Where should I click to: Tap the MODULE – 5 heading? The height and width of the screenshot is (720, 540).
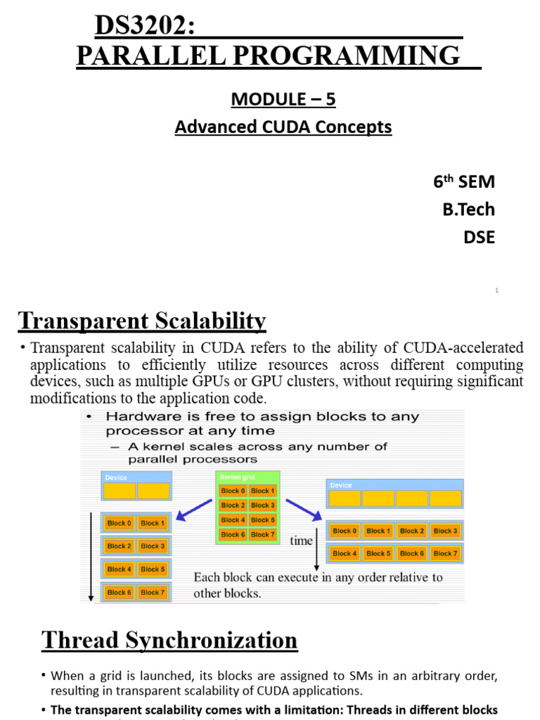click(x=283, y=100)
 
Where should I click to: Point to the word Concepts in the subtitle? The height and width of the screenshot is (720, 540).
click(x=355, y=127)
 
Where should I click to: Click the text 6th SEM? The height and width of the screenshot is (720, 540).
click(x=463, y=182)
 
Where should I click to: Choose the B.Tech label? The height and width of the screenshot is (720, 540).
click(x=468, y=210)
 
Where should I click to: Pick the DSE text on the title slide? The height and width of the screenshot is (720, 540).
click(x=479, y=238)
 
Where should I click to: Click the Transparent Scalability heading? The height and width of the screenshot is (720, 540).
click(x=142, y=321)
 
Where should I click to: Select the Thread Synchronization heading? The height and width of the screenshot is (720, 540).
click(x=169, y=641)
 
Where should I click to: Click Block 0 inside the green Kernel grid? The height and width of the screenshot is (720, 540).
click(x=233, y=491)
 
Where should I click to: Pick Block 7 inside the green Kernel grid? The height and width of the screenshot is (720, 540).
click(x=263, y=535)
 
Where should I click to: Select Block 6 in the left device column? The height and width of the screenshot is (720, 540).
click(x=120, y=592)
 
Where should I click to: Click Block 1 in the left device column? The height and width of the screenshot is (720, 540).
click(x=152, y=523)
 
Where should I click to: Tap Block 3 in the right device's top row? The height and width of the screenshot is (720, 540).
click(x=445, y=531)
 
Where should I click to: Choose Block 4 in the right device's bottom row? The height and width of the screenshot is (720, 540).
click(x=345, y=553)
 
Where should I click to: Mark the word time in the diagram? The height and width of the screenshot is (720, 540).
click(x=301, y=541)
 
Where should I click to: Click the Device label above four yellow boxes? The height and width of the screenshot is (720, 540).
click(x=341, y=485)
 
